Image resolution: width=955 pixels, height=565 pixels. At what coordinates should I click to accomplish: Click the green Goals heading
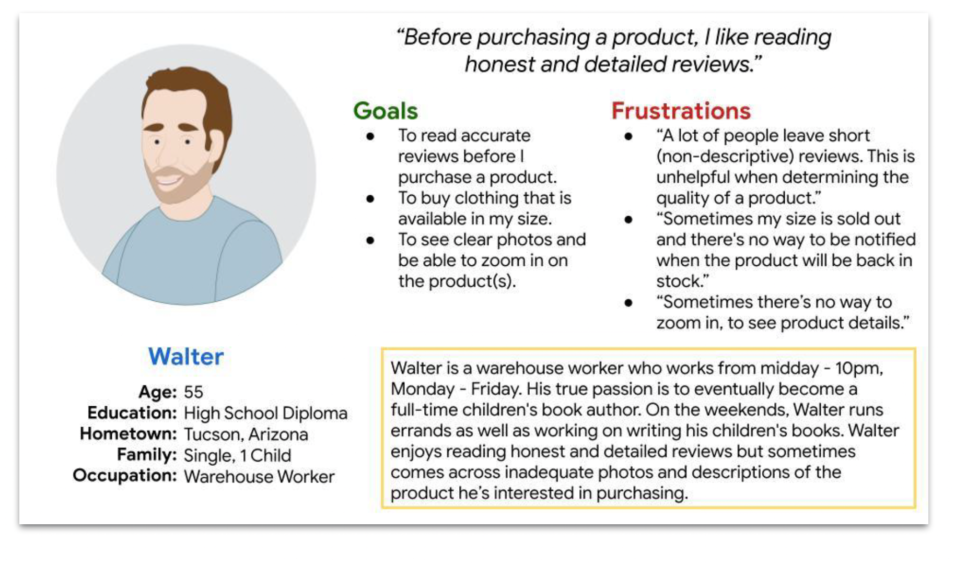pyautogui.click(x=386, y=111)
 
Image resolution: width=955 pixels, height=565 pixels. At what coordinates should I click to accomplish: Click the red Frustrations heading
pyautogui.click(x=681, y=111)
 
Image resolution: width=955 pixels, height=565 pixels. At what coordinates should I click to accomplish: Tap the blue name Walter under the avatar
pyautogui.click(x=186, y=357)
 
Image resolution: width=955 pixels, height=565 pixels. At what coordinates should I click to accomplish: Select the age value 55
pyautogui.click(x=193, y=392)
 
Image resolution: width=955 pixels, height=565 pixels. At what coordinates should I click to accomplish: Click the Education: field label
pyautogui.click(x=132, y=413)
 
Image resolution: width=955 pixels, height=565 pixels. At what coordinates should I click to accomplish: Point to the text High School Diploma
pyautogui.click(x=265, y=414)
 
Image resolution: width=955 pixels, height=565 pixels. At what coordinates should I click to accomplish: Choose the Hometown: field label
pyautogui.click(x=129, y=434)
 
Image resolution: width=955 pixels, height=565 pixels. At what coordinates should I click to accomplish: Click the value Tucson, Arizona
pyautogui.click(x=246, y=434)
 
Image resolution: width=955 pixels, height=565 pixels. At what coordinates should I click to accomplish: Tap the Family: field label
pyautogui.click(x=147, y=455)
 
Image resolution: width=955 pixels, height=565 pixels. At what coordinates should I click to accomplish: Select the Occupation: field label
pyautogui.click(x=125, y=476)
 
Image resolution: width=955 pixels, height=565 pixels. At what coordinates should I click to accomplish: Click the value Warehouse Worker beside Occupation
pyautogui.click(x=259, y=477)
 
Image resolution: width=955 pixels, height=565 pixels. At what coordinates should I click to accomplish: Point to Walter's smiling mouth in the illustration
pyautogui.click(x=168, y=181)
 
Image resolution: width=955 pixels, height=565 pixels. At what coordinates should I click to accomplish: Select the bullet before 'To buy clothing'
pyautogui.click(x=370, y=199)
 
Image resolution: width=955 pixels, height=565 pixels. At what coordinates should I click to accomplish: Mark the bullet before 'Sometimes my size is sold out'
pyautogui.click(x=628, y=220)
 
